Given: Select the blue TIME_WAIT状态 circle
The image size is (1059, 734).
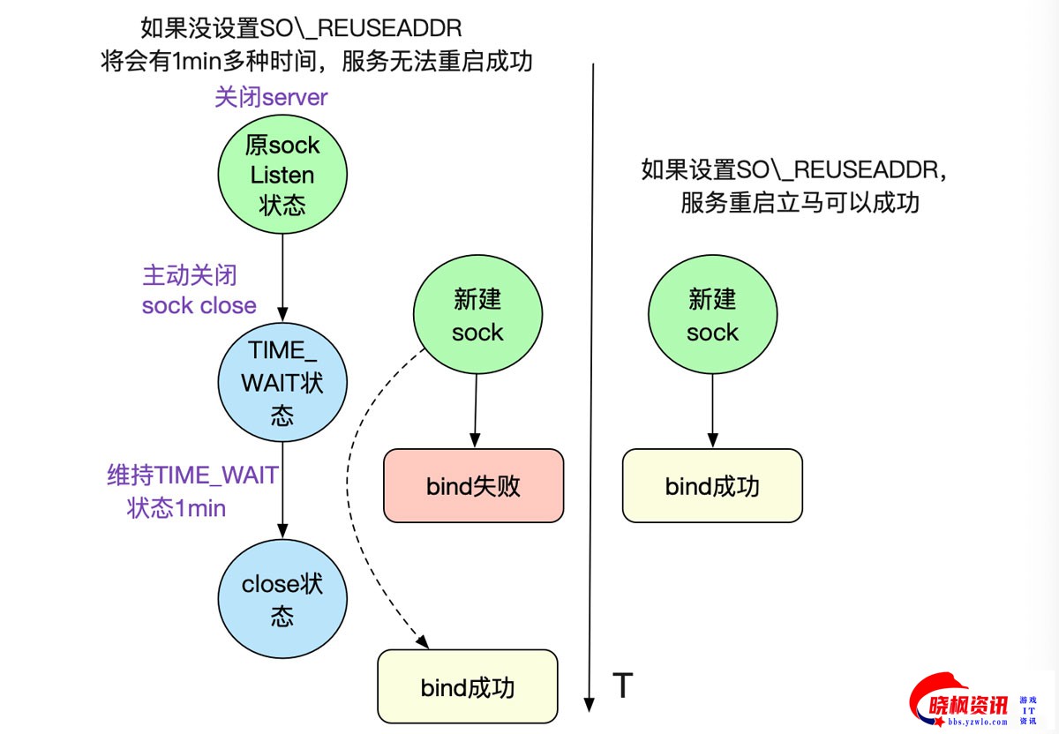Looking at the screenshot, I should [x=282, y=381].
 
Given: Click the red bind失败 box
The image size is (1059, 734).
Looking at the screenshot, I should [x=473, y=485].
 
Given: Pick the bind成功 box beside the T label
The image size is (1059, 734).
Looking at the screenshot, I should [x=468, y=687].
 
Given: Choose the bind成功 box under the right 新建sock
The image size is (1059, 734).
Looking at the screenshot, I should [x=712, y=485].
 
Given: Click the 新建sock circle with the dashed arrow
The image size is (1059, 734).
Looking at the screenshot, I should [x=477, y=316].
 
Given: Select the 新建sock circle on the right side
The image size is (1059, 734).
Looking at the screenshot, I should [x=712, y=316].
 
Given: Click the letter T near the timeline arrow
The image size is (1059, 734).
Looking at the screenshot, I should [x=623, y=685].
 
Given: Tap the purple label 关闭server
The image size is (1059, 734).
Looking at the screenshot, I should [x=271, y=97].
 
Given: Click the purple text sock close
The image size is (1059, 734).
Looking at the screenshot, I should [x=199, y=306].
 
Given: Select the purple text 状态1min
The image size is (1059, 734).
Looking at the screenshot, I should [x=176, y=509].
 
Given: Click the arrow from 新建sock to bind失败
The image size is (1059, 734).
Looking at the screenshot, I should [x=477, y=410].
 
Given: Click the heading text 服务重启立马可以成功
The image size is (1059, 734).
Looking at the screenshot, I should [x=800, y=203].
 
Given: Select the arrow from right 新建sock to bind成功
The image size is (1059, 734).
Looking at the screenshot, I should [x=712, y=410].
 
